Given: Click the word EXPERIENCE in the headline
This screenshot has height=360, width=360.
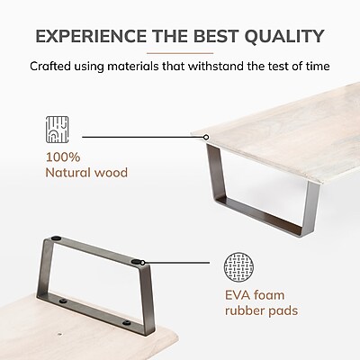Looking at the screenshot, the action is (91, 36).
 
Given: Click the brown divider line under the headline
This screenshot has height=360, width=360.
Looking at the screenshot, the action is (180, 53).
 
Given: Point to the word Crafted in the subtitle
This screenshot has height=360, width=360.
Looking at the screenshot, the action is (50, 67).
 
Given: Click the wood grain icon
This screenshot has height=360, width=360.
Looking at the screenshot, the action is (57, 130).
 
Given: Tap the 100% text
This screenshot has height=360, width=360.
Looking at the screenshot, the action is (63, 157).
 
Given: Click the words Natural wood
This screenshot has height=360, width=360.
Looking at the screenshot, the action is (86, 173).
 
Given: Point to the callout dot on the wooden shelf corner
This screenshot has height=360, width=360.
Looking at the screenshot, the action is (206, 137).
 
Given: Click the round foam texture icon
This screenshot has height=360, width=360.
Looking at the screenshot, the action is (238, 267).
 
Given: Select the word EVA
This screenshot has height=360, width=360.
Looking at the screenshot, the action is (238, 295).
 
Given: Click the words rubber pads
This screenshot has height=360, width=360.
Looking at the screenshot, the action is (262, 310).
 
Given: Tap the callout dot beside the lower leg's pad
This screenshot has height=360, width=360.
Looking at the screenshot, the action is (143, 263).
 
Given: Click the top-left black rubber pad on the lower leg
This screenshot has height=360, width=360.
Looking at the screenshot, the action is (56, 238).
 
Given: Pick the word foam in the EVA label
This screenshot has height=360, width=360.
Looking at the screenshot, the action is (269, 295).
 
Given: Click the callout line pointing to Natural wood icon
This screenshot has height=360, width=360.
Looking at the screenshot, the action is (143, 137).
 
